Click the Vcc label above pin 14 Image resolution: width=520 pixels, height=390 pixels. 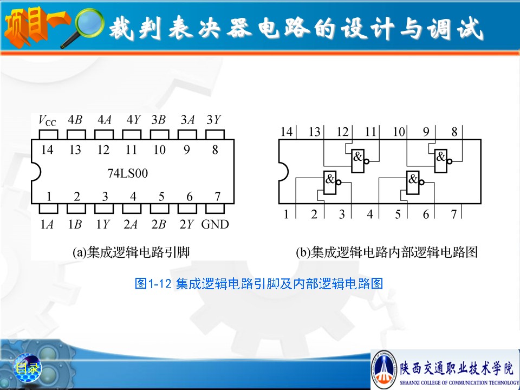coord(48,120)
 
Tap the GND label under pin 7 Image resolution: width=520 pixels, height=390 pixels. coord(215,224)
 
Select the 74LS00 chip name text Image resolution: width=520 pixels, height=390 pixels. coord(128,173)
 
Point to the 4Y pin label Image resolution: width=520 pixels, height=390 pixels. coord(134,119)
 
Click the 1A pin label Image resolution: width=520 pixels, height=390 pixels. coord(47,224)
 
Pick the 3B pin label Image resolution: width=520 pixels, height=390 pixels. coord(159,119)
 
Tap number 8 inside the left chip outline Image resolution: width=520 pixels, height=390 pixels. coord(215,150)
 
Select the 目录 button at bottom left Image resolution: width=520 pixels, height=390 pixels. coord(27,368)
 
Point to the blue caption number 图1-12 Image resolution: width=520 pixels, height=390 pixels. coord(153,283)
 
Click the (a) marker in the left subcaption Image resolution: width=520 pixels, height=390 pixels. coord(80,253)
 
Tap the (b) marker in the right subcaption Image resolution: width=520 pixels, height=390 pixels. coord(303,253)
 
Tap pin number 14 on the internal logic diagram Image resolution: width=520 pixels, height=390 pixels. coord(286,132)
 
